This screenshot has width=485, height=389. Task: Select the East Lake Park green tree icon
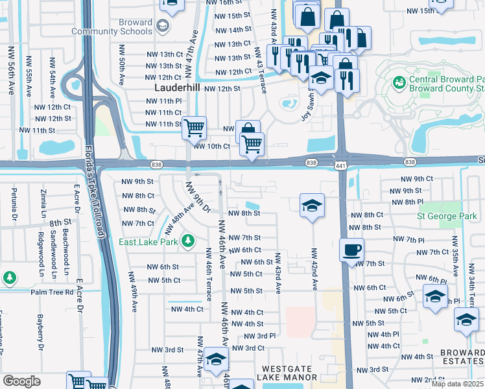click(188, 241)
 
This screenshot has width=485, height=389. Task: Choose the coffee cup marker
click(351, 249)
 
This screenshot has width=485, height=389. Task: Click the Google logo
click(21, 381)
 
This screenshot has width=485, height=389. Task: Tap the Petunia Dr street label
click(14, 202)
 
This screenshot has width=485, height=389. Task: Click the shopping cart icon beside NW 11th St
click(194, 128)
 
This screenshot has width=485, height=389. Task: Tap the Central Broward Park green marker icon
click(399, 84)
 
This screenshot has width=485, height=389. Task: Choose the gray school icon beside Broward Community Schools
click(162, 27)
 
